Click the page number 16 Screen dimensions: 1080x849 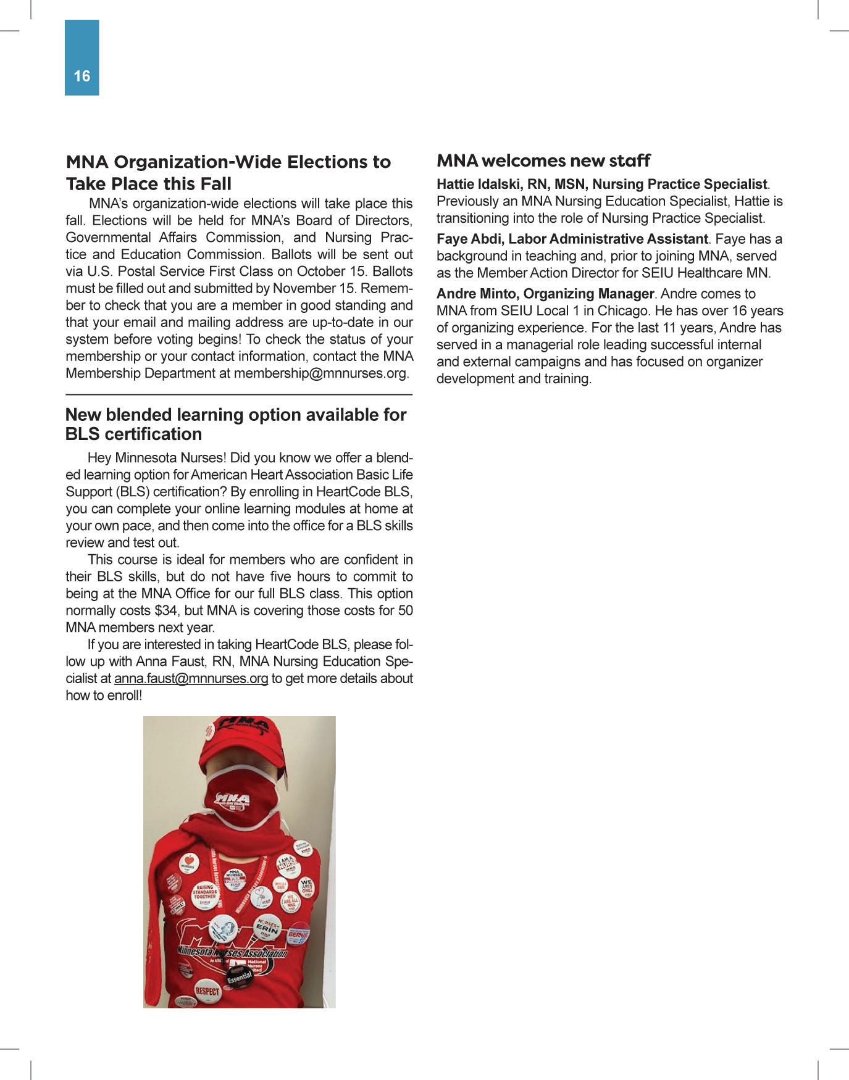pyautogui.click(x=82, y=76)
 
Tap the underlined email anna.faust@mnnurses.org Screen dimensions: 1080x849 pyautogui.click(x=191, y=679)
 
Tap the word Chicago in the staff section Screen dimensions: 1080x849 pyautogui.click(x=618, y=311)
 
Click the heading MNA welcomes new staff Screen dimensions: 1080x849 pyautogui.click(x=543, y=161)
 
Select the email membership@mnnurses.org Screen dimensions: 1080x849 pyautogui.click(x=320, y=374)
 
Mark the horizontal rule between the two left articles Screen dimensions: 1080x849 pyautogui.click(x=239, y=394)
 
